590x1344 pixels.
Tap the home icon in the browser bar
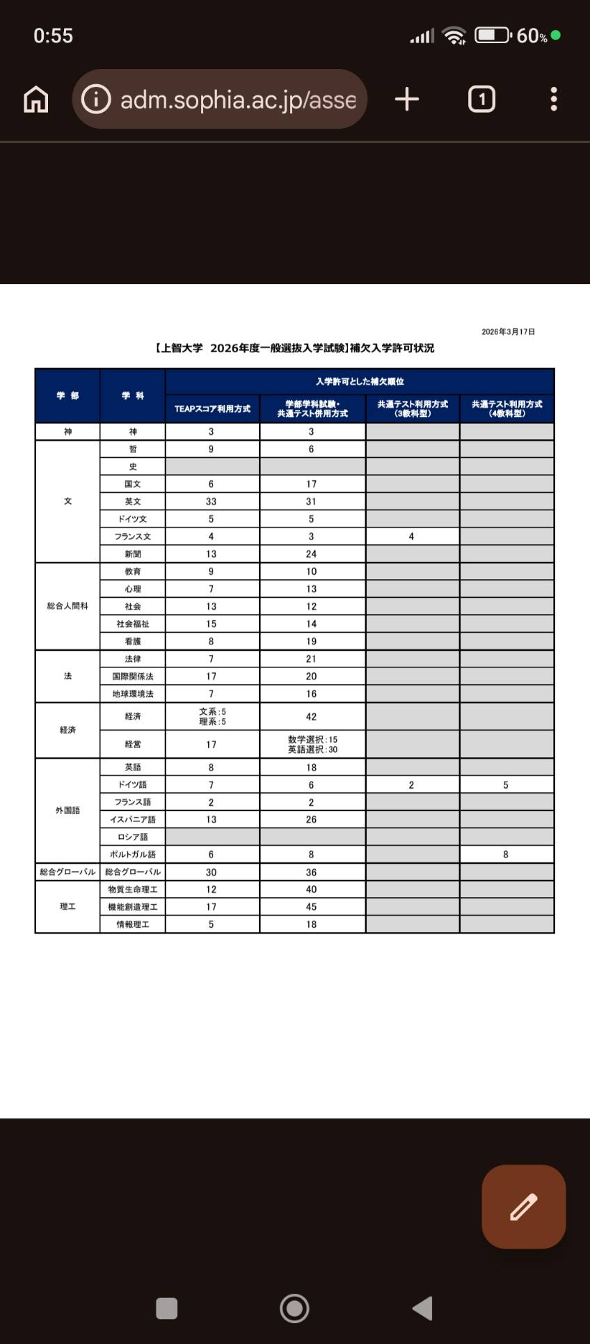point(36,100)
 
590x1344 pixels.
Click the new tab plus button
point(407,100)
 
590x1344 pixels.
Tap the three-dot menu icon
point(554,100)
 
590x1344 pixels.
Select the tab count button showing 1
point(481,100)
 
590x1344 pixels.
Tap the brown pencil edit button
point(523,1206)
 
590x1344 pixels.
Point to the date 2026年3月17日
point(508,332)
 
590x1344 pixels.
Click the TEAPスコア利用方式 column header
point(212,409)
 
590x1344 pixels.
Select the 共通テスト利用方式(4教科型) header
point(507,409)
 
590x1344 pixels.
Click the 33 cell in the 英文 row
point(212,501)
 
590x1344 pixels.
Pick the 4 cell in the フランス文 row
point(412,537)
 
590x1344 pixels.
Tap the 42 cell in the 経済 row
point(311,717)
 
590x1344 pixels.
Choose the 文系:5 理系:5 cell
point(212,717)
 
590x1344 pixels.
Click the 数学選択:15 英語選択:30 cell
point(312,745)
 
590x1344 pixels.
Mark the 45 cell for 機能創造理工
point(311,907)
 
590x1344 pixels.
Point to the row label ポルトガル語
point(133,854)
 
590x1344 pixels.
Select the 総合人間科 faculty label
point(67,606)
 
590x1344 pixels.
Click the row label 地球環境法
point(133,694)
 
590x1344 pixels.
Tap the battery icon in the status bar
point(493,35)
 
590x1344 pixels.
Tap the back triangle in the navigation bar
point(423,1308)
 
